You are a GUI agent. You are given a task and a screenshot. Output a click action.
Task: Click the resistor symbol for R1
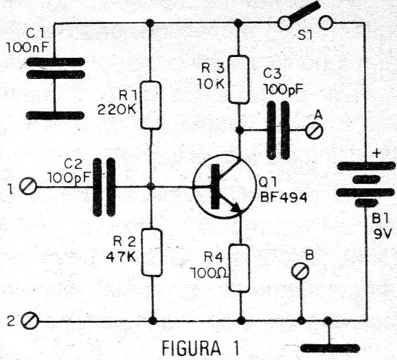[151, 106]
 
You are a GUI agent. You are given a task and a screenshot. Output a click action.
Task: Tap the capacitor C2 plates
[105, 185]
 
